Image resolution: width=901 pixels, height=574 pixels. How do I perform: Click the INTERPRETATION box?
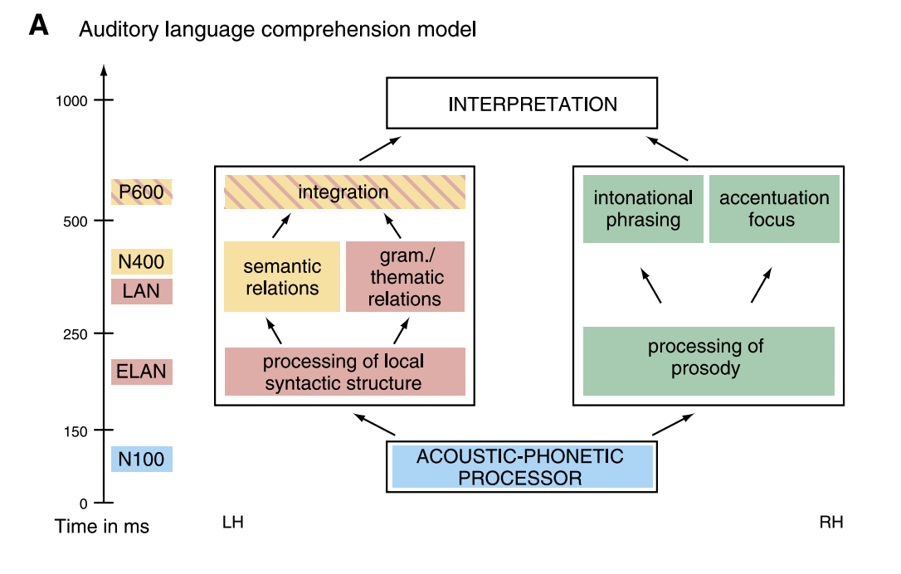click(x=522, y=105)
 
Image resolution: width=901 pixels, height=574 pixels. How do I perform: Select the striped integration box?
click(x=344, y=192)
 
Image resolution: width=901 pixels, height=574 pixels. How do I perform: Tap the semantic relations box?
click(x=282, y=277)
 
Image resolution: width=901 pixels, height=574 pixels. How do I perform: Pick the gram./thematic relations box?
click(x=405, y=277)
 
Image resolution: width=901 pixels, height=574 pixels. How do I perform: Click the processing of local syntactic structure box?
click(x=344, y=372)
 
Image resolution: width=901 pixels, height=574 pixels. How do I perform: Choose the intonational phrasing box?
click(x=643, y=209)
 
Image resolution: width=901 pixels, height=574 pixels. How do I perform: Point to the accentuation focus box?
click(x=774, y=209)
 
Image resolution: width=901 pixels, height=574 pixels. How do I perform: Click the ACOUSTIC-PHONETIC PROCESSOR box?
click(x=522, y=466)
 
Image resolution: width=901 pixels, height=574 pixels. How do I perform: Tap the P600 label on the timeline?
click(x=142, y=192)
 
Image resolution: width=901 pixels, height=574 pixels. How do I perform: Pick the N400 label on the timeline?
click(x=142, y=262)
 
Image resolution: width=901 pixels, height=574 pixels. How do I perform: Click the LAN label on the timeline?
click(x=142, y=291)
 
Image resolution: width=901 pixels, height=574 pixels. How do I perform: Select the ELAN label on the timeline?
click(x=142, y=372)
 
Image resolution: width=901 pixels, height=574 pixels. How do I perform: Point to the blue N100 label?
click(x=142, y=459)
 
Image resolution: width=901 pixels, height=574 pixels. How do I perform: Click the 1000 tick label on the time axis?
click(x=71, y=100)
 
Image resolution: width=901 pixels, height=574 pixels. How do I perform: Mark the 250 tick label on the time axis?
click(x=75, y=333)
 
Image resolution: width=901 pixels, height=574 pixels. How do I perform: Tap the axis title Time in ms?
click(x=102, y=527)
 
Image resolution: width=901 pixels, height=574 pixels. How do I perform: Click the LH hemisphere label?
click(x=233, y=523)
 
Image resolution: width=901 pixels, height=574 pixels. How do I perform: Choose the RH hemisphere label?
click(x=831, y=523)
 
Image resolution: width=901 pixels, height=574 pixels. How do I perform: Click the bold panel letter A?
click(x=39, y=27)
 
